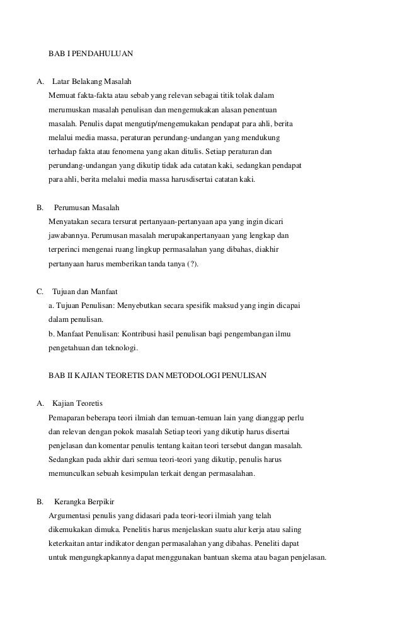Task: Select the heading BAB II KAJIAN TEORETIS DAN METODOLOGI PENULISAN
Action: pyautogui.click(x=158, y=376)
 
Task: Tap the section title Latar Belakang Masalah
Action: pyautogui.click(x=91, y=82)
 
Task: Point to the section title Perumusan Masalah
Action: pyautogui.click(x=87, y=208)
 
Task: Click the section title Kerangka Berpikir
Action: pyautogui.click(x=84, y=502)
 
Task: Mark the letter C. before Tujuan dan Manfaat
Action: pyautogui.click(x=41, y=292)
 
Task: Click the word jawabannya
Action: pyautogui.click(x=67, y=236)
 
